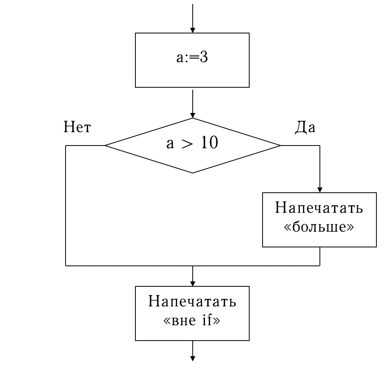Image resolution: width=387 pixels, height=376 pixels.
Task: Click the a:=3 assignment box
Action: tap(192, 60)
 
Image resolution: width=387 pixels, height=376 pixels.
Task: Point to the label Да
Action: tap(305, 128)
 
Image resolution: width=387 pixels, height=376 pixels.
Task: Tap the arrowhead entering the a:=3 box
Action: tap(192, 30)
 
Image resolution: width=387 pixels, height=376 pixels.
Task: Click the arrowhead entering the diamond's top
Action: tap(192, 115)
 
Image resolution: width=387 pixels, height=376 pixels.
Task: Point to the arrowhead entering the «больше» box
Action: tap(320, 190)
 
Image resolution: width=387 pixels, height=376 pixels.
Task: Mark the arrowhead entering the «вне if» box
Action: tap(192, 283)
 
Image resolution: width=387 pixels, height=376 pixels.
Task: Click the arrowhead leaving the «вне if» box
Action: tap(192, 358)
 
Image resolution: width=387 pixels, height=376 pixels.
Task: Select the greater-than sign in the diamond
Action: tap(188, 144)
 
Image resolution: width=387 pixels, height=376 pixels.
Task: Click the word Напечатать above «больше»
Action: tap(319, 208)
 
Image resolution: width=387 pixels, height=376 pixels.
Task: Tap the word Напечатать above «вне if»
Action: tap(192, 302)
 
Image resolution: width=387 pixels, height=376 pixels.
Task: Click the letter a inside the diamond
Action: tap(170, 144)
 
